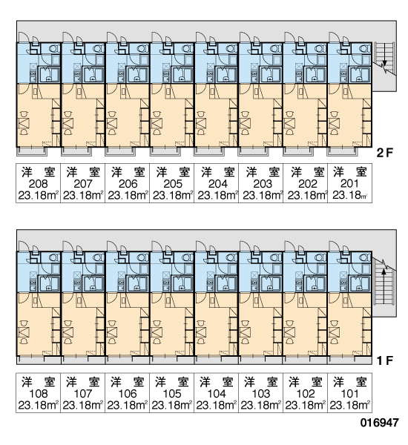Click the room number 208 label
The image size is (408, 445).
[x=38, y=184]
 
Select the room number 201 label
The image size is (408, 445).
[x=349, y=184]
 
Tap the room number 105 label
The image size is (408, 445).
[x=172, y=394]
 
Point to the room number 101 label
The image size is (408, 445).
[x=349, y=394]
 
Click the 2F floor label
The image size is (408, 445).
[x=384, y=154]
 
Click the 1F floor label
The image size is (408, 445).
[x=384, y=360]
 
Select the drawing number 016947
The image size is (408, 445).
[x=380, y=423]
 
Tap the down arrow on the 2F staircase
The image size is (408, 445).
[x=384, y=54]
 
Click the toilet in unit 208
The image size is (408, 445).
[x=54, y=48]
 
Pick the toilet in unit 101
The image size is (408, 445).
[x=365, y=257]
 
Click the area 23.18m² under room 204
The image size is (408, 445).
[x=217, y=196]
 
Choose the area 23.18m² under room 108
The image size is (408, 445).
[x=38, y=405]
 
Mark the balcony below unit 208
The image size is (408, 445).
[x=32, y=151]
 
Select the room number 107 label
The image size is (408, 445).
[x=82, y=394]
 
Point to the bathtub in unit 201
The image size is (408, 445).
[x=361, y=76]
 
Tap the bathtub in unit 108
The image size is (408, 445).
[x=50, y=283]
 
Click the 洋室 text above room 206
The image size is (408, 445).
[x=128, y=172]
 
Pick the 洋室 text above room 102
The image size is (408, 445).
[x=305, y=382]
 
